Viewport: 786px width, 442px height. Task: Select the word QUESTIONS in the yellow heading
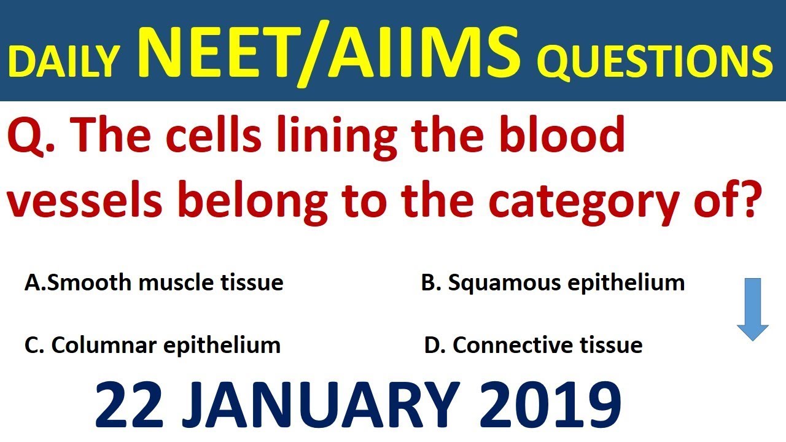click(655, 62)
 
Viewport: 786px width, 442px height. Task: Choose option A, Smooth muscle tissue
click(154, 283)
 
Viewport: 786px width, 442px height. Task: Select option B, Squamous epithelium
click(553, 283)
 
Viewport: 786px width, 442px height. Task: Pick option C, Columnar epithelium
click(152, 346)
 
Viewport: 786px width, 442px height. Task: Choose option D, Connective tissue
click(533, 346)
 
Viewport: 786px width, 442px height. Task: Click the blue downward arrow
click(752, 309)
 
